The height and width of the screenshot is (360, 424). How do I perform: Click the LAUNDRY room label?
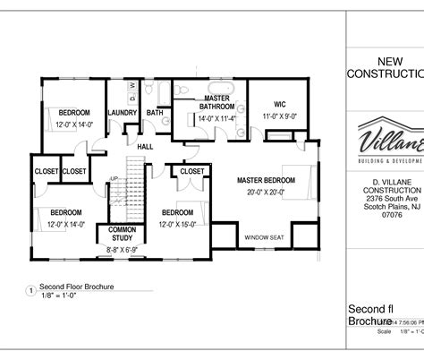coord(121,113)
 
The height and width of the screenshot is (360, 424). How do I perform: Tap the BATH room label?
coord(155,113)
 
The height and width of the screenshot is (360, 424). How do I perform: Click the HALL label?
coord(144,147)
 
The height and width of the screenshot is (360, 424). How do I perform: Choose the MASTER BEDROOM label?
coord(266,180)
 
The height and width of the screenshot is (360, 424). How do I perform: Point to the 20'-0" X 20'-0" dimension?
coord(266,192)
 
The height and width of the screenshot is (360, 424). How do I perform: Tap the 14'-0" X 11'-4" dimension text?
coord(216,117)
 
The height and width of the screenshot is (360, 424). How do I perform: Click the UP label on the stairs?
coord(114,178)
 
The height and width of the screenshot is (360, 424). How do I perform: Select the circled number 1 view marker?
coord(30,291)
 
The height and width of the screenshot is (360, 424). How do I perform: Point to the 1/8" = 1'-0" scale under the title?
coord(59,296)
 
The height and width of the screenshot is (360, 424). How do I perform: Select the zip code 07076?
coord(392,215)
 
